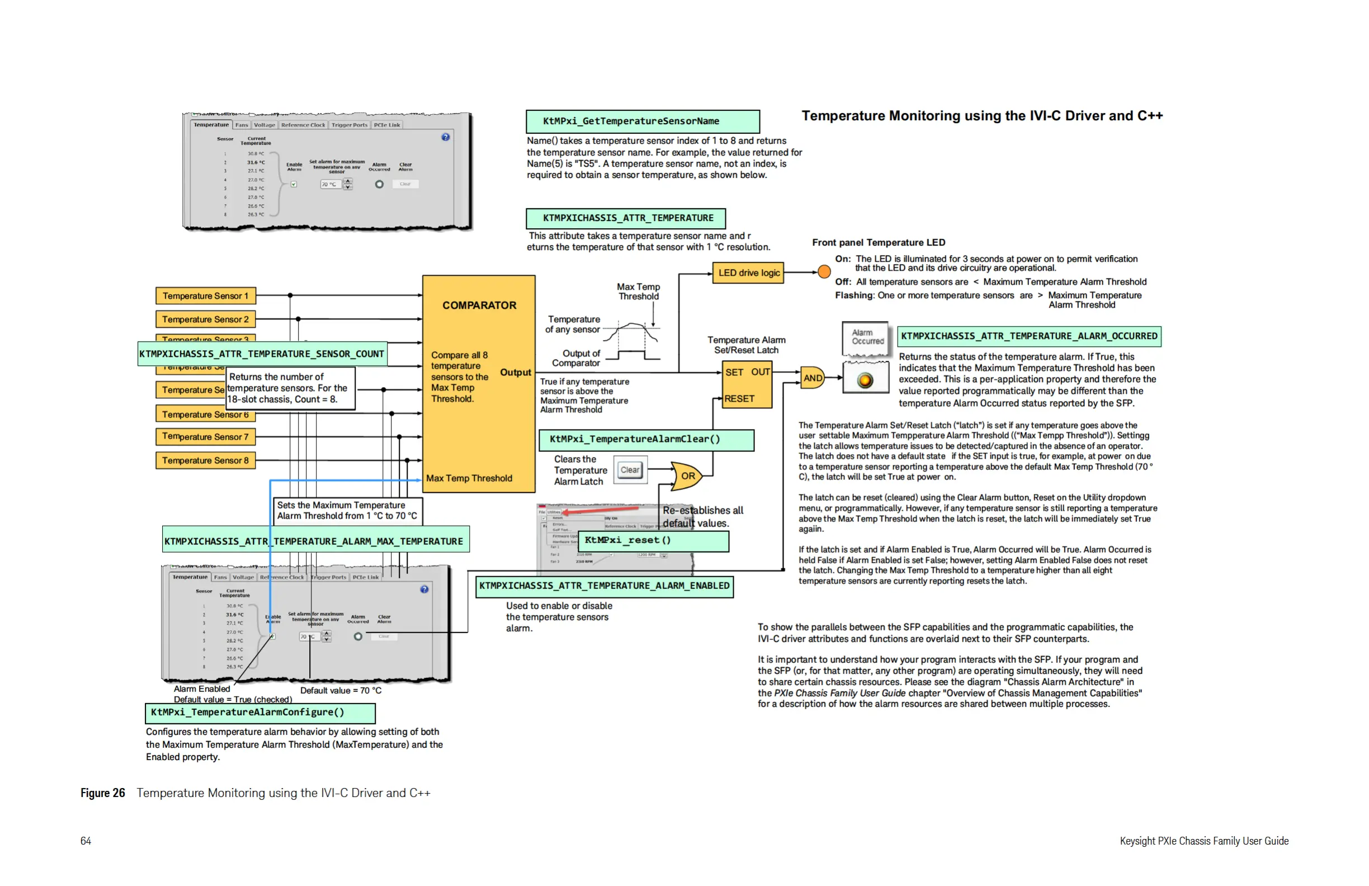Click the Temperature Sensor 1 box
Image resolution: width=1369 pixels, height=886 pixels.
205,296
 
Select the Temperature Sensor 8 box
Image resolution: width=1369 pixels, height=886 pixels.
205,460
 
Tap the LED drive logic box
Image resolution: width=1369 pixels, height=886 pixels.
748,273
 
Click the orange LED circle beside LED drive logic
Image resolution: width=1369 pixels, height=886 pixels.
824,271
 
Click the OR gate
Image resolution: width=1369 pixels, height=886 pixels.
687,476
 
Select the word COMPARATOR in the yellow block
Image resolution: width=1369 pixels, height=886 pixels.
479,305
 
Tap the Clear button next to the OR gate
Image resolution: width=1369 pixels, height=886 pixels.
629,470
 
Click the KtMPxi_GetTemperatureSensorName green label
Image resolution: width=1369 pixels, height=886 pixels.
642,121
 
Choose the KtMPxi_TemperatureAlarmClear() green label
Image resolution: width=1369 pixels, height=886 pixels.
646,440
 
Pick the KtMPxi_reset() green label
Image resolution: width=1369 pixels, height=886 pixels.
653,540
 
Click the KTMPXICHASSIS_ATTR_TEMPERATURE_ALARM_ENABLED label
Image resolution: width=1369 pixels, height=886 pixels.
604,586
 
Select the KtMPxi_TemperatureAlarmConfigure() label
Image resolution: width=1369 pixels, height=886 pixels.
260,712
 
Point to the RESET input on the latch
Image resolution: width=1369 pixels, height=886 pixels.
739,398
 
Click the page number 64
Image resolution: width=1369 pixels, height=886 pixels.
86,841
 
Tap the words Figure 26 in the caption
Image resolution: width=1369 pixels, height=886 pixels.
102,793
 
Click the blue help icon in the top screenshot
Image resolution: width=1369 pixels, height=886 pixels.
445,137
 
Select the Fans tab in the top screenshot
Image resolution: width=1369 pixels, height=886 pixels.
242,125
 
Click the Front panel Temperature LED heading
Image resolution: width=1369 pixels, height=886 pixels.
879,242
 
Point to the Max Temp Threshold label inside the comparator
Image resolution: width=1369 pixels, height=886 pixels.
469,478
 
